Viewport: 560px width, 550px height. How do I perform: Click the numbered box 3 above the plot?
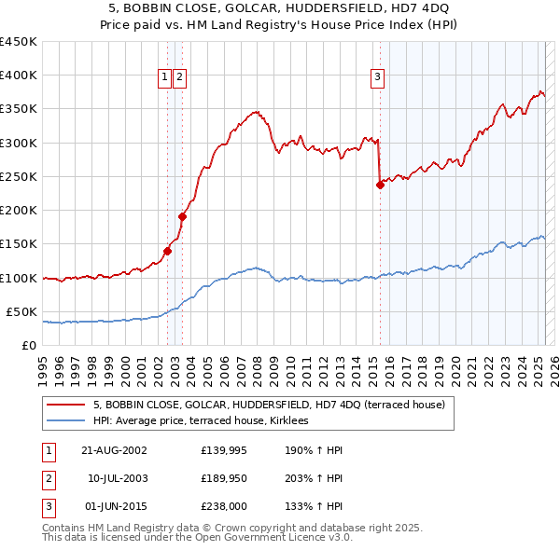378,78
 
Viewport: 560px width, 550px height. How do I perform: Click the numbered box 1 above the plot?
164,78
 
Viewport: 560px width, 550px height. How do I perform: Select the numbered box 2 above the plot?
179,78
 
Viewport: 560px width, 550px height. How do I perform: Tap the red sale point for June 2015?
380,185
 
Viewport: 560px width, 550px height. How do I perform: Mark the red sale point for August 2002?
168,251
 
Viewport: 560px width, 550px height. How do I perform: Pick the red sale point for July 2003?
183,216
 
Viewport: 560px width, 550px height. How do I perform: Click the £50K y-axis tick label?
22,311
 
